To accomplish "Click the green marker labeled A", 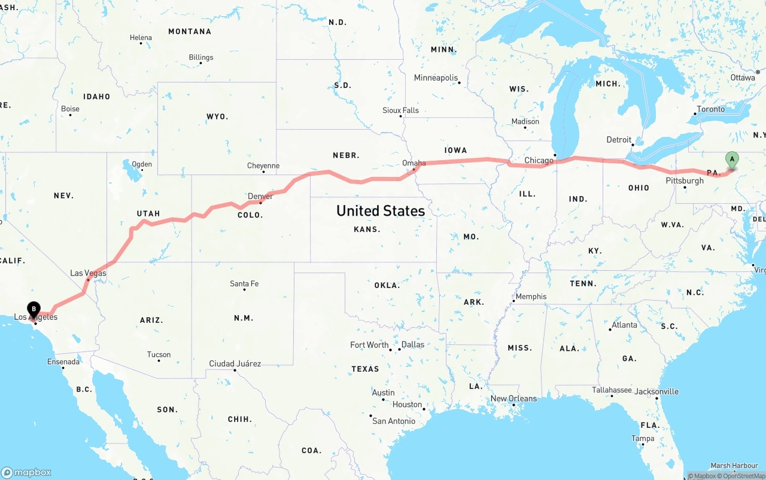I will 731,160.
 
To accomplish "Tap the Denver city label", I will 260,196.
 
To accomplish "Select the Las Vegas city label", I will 88,273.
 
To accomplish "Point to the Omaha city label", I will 414,163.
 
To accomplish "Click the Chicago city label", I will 539,160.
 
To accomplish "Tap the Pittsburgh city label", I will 685,181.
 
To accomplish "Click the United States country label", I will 381,210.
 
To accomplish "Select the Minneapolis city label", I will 436,78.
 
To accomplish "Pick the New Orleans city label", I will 513,399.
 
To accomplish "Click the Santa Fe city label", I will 244,283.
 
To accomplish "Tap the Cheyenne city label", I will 263,166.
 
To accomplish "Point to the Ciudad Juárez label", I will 235,363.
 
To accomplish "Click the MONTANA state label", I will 190,31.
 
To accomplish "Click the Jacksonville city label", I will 656,392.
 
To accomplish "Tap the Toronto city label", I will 710,109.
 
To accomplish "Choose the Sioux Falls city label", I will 401,110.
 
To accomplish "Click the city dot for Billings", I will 200,63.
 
